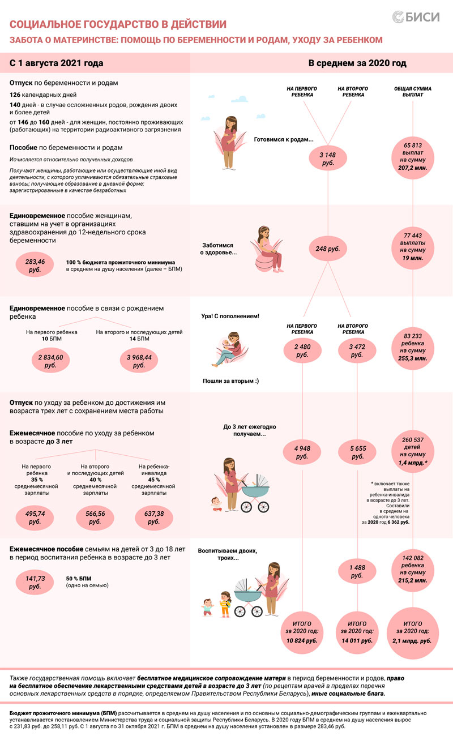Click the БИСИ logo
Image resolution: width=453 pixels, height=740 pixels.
tap(416, 17)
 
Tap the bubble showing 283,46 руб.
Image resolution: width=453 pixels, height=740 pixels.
tap(35, 266)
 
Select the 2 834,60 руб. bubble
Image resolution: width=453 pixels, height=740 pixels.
tap(50, 361)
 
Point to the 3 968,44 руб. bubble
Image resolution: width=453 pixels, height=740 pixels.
tap(139, 361)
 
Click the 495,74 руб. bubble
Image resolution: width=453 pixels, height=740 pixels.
tap(35, 517)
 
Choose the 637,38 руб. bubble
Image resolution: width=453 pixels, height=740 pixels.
tap(154, 517)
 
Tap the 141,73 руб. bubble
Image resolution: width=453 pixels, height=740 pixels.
tap(35, 582)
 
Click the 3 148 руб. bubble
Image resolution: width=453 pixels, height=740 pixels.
tap(328, 159)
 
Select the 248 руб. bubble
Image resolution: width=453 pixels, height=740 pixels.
tap(328, 249)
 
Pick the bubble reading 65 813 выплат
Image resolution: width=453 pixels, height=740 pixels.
tap(413, 157)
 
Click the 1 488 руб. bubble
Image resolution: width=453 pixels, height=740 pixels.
tap(357, 571)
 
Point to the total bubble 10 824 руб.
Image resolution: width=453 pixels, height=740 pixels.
tap(302, 632)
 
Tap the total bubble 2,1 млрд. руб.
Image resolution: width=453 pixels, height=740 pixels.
tap(413, 632)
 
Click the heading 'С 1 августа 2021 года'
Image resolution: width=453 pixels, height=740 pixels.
tap(57, 63)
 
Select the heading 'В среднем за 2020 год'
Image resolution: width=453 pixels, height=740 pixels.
tap(357, 63)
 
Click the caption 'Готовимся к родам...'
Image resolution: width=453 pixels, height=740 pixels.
tap(284, 139)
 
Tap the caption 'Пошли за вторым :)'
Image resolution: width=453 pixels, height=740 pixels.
tap(230, 381)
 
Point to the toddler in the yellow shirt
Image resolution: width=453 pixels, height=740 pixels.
tap(225, 604)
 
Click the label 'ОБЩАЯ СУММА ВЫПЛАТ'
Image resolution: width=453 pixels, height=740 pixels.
tap(413, 92)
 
